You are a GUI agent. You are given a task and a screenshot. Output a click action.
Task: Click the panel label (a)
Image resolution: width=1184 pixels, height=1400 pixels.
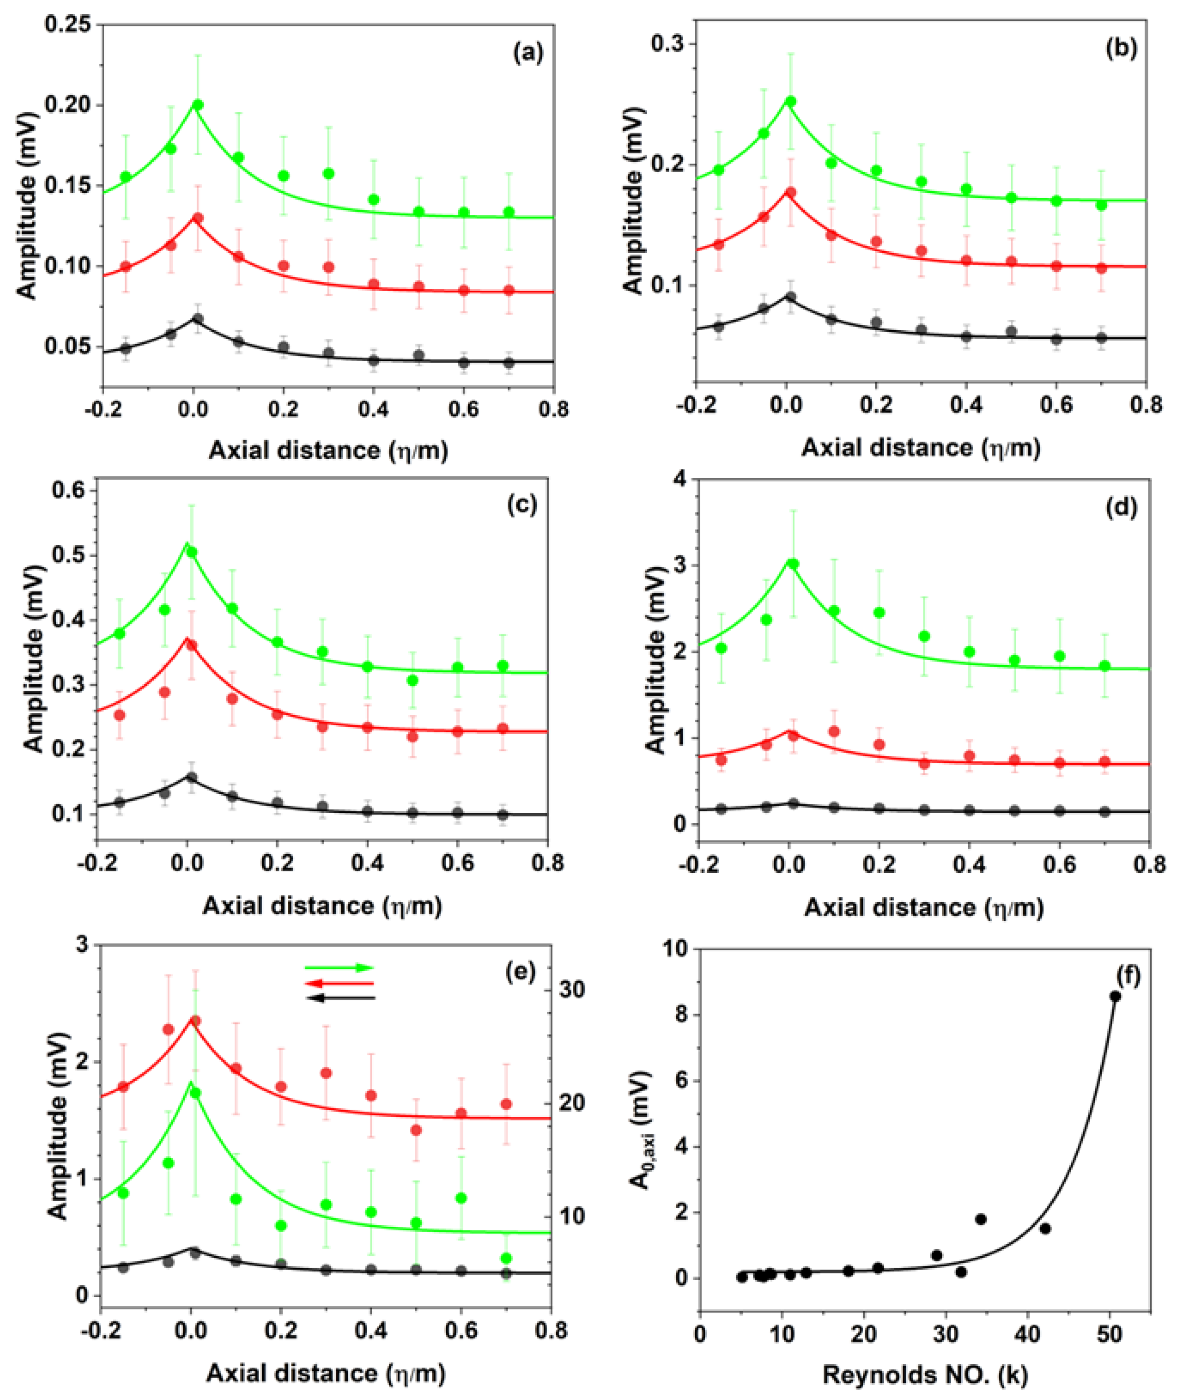pos(528,52)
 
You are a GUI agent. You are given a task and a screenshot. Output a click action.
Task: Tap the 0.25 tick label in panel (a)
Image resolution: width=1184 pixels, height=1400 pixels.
pos(69,25)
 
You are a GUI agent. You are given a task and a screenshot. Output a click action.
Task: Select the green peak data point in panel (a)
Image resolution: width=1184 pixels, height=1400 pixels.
pos(197,105)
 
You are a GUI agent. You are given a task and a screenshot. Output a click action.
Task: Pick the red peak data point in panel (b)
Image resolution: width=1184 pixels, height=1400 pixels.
pos(790,193)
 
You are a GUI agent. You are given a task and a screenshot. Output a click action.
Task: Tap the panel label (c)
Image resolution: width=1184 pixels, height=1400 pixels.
pos(522,503)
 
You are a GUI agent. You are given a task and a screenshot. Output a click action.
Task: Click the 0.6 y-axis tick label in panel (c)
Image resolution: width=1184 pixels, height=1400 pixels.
pos(69,491)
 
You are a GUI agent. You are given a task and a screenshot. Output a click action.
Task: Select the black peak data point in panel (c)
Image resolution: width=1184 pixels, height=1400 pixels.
pos(191,778)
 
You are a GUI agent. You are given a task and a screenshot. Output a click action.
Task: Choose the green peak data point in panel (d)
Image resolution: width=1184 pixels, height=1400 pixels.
pos(793,564)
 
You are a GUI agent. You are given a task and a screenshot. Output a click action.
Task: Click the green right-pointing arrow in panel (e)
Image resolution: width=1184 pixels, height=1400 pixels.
pos(339,967)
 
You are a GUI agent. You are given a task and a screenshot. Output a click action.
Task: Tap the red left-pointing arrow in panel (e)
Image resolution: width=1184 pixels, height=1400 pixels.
pos(339,983)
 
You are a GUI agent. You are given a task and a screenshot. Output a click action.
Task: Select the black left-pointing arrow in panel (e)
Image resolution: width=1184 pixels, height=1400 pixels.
pos(339,998)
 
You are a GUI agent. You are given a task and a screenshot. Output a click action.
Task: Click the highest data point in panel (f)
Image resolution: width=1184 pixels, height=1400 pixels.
pos(1115,996)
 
